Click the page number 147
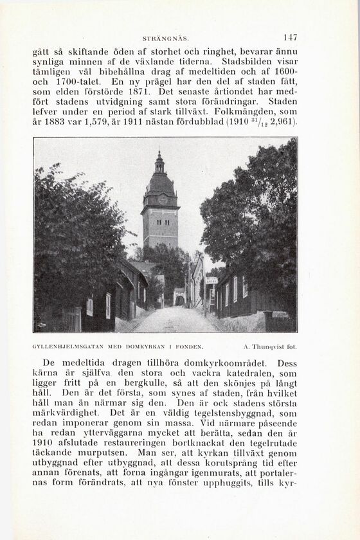pos(290,37)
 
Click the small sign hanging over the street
pos(211,280)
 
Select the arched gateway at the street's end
pos(179,299)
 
